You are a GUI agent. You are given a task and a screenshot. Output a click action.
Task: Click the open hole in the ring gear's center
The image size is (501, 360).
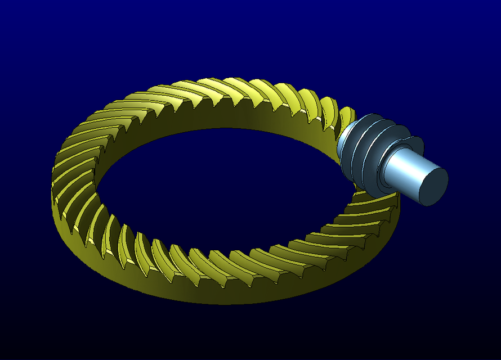click(x=225, y=191)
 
